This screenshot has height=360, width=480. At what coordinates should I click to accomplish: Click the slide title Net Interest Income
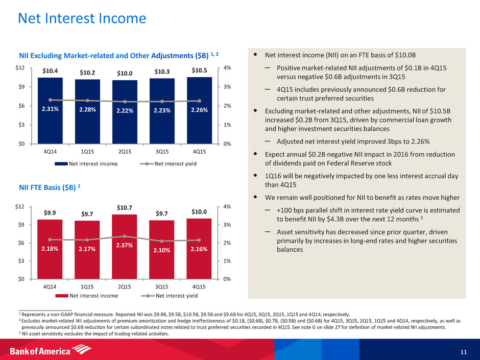[x=82, y=19]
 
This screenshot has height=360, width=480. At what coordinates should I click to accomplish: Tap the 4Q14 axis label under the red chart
[x=50, y=287]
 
